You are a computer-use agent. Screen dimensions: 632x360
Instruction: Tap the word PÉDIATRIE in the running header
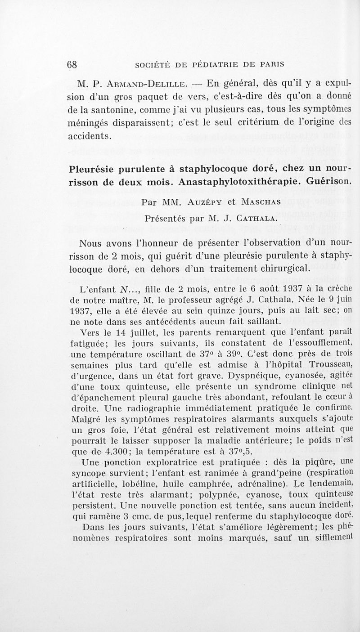(229, 64)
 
